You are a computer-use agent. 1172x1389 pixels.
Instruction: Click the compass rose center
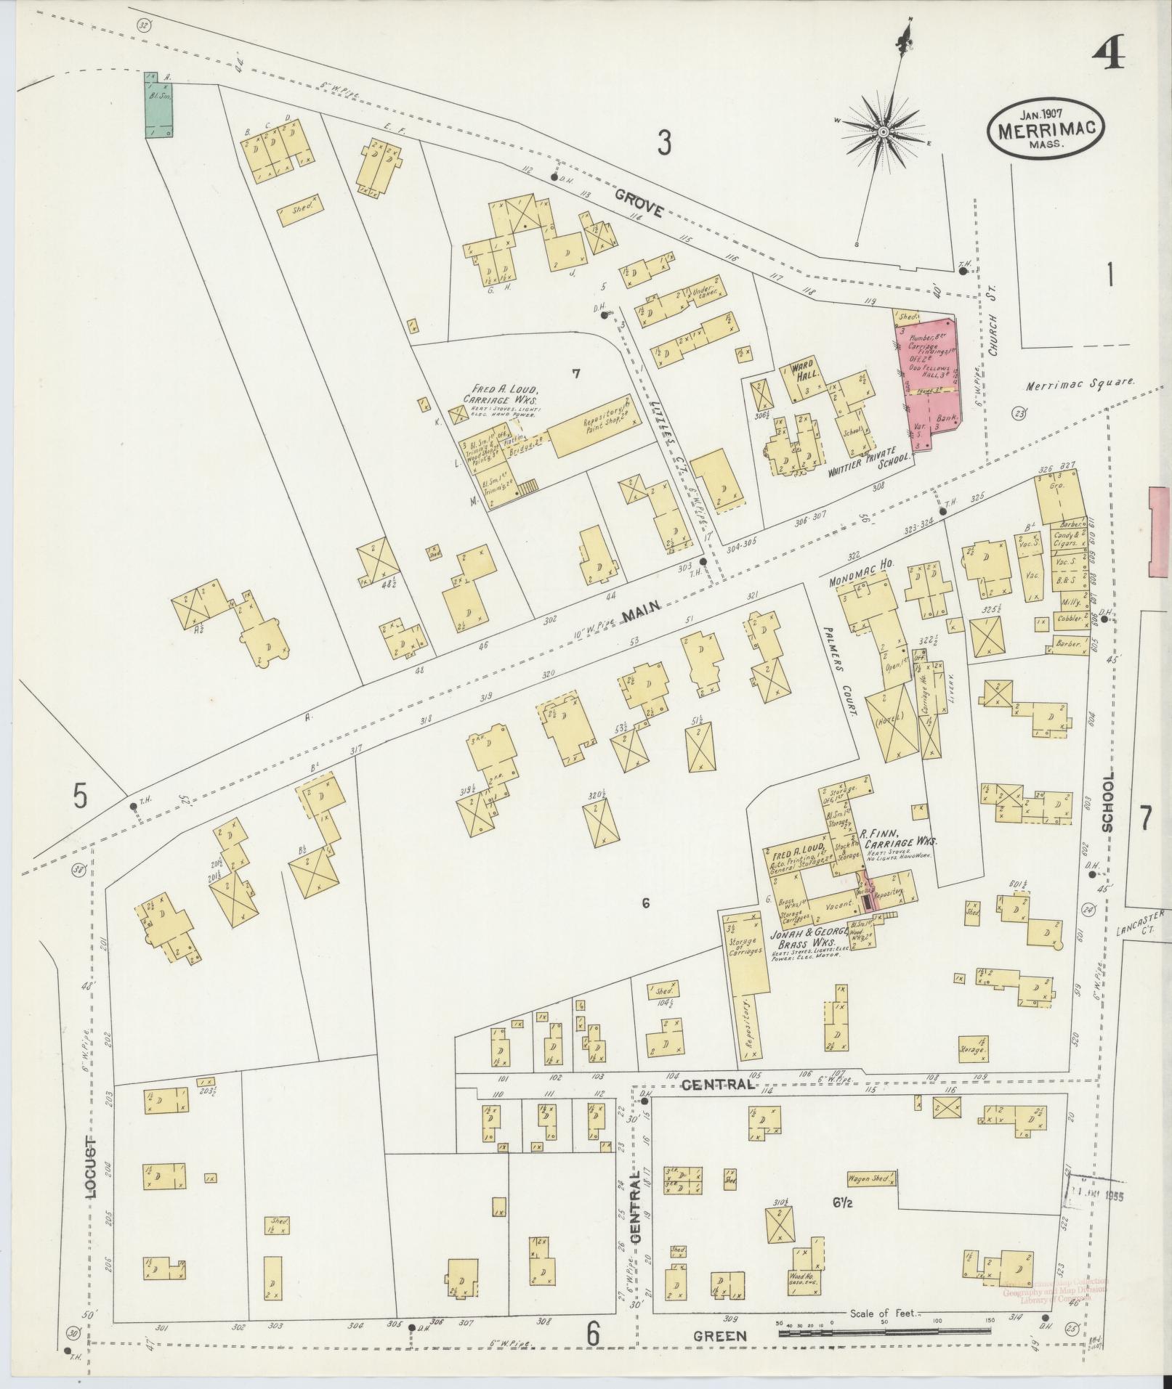click(883, 131)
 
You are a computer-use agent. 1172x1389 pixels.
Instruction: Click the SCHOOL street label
click(1107, 802)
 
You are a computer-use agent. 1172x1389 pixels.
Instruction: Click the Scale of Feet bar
click(884, 1332)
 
